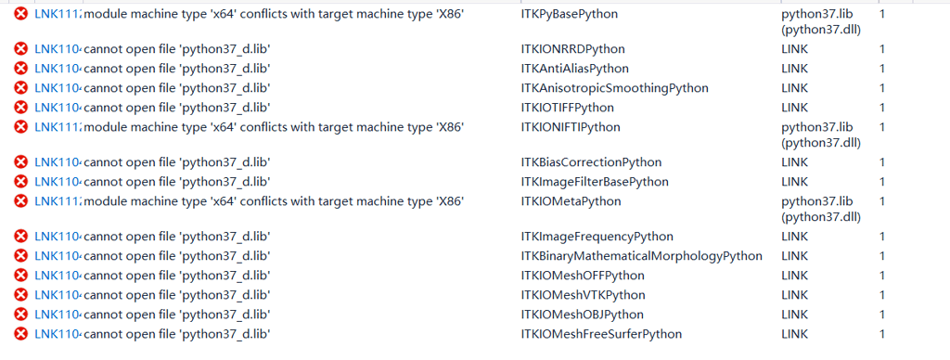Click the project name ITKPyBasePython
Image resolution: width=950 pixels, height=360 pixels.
click(x=570, y=14)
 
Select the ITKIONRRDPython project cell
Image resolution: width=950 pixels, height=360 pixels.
click(x=572, y=49)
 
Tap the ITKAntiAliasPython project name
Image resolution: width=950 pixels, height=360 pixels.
click(x=574, y=69)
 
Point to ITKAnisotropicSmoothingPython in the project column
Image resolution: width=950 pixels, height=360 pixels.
click(x=614, y=88)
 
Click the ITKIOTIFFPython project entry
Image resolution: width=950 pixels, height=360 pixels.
click(x=568, y=108)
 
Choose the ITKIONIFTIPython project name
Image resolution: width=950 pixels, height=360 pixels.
click(x=571, y=127)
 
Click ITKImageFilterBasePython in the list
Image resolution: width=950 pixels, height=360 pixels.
click(x=595, y=182)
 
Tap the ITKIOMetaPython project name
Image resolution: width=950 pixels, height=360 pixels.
click(x=571, y=201)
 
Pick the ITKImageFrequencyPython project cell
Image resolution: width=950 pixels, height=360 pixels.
click(x=597, y=237)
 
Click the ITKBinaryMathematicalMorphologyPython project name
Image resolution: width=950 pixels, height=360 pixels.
click(x=641, y=256)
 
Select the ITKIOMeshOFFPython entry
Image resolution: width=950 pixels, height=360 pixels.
click(x=583, y=276)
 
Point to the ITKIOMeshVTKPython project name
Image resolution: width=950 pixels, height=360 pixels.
click(x=583, y=295)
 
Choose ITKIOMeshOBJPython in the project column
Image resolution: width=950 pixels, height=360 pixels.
click(x=583, y=315)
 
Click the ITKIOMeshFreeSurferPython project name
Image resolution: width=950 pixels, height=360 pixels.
click(x=601, y=334)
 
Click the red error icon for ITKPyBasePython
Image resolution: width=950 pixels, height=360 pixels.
click(x=20, y=14)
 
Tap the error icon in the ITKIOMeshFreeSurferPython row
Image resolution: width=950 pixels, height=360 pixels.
click(x=20, y=334)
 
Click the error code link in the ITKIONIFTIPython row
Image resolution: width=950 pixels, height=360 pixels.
click(x=57, y=127)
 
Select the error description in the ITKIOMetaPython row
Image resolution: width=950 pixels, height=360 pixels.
click(x=274, y=201)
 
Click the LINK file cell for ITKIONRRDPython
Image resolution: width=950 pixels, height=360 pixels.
click(x=794, y=49)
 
